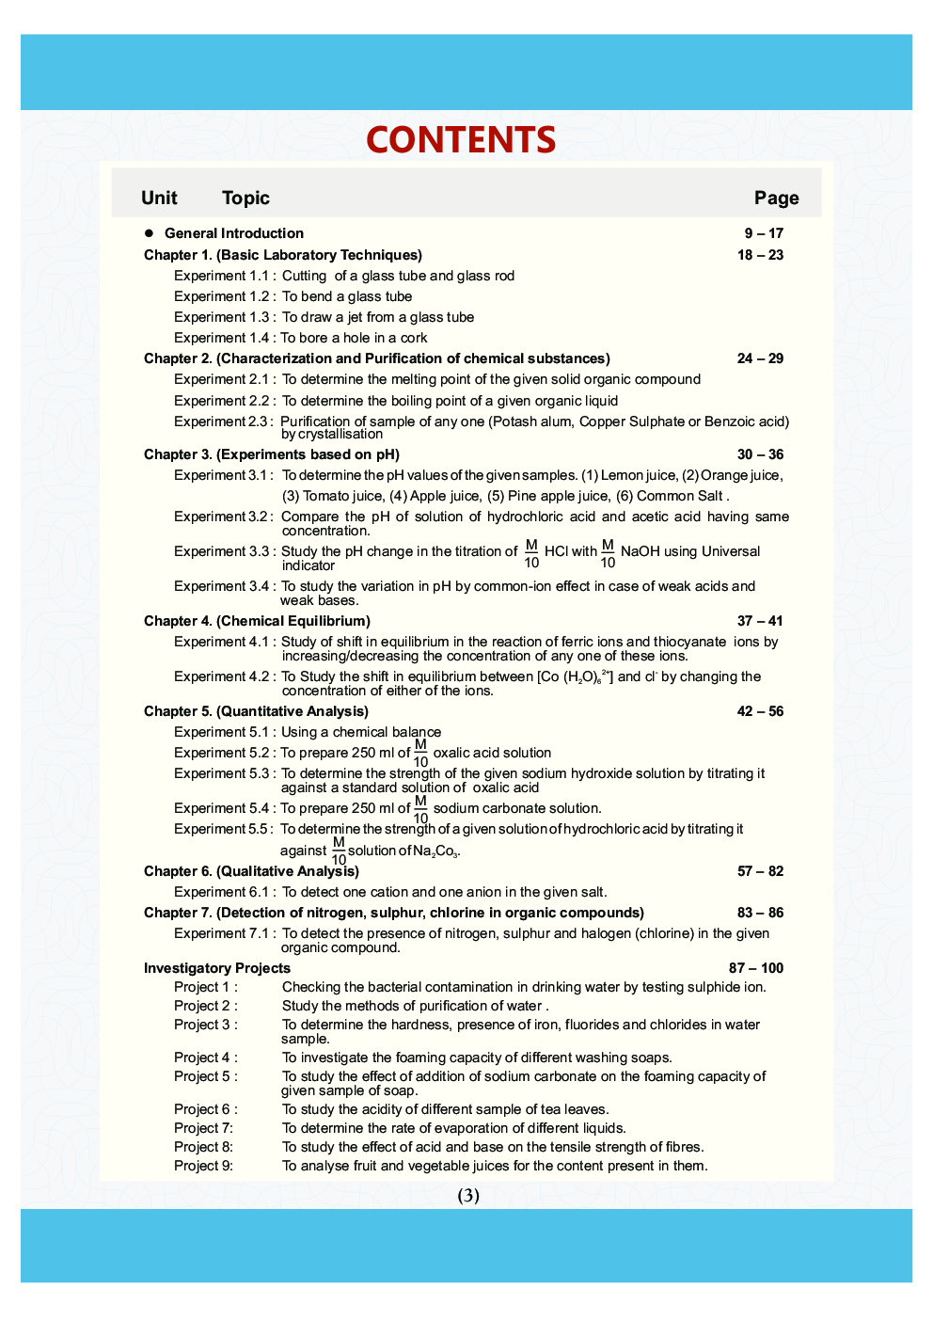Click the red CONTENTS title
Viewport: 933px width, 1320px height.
pyautogui.click(x=461, y=140)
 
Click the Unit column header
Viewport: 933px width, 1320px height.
pyautogui.click(x=159, y=198)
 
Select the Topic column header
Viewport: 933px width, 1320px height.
pyautogui.click(x=245, y=198)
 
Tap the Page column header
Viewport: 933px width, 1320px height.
pyautogui.click(x=776, y=198)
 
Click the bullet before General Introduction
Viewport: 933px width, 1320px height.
pyautogui.click(x=149, y=233)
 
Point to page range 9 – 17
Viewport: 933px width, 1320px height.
pyautogui.click(x=764, y=233)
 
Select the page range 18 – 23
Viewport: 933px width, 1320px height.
pyautogui.click(x=760, y=255)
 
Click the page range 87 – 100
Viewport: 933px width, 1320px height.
pyautogui.click(x=755, y=968)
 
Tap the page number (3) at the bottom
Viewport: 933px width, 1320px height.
pyautogui.click(x=468, y=1195)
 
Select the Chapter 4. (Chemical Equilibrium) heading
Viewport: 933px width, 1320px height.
pyautogui.click(x=257, y=621)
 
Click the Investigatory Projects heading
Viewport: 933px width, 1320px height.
pyautogui.click(x=217, y=968)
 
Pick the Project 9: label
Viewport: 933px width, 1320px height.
pyautogui.click(x=203, y=1166)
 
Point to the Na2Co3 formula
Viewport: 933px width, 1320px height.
pyautogui.click(x=435, y=851)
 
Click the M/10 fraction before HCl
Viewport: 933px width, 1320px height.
pyautogui.click(x=531, y=553)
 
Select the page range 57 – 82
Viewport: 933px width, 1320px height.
pyautogui.click(x=760, y=871)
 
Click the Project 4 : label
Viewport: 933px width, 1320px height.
pyautogui.click(x=205, y=1058)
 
